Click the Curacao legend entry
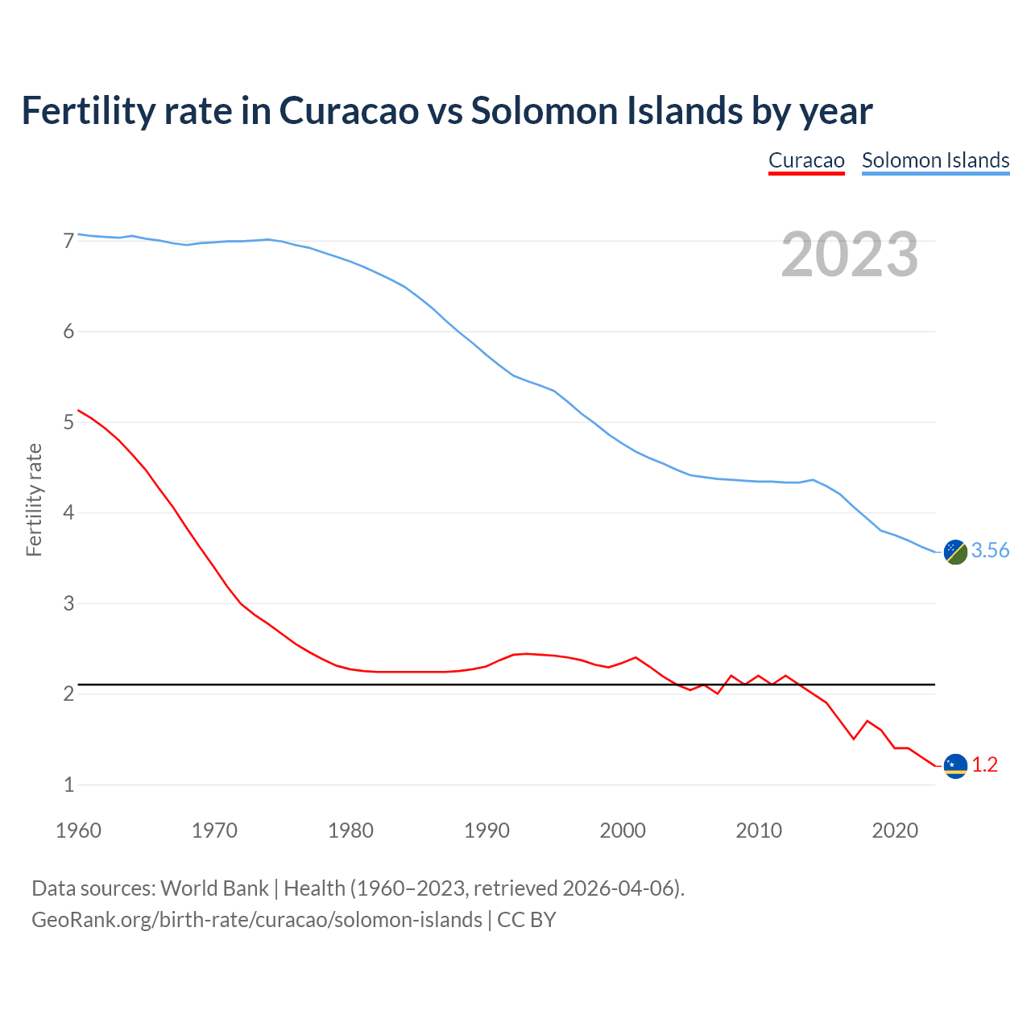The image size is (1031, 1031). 806,160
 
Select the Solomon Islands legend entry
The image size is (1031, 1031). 935,160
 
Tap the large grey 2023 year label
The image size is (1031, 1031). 850,255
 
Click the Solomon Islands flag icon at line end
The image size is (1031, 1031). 955,552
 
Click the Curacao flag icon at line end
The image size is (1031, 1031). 955,765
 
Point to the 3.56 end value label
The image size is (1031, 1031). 990,550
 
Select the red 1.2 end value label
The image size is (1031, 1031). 984,764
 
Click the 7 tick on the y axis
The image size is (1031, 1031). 68,241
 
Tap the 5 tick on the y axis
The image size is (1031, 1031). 68,422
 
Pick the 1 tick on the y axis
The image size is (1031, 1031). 68,785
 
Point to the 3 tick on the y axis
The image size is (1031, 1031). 68,603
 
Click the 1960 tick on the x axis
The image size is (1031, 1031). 78,830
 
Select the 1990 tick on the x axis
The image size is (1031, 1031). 487,830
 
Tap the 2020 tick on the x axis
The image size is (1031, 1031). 895,830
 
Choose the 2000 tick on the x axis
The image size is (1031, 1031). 623,830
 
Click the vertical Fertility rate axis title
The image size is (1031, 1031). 34,499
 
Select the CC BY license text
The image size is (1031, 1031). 527,920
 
